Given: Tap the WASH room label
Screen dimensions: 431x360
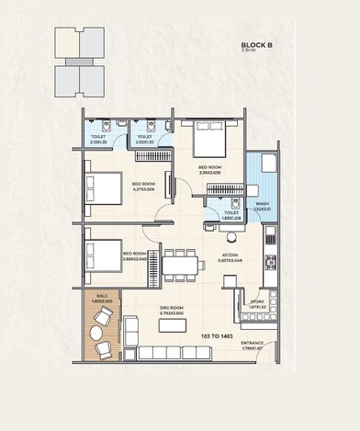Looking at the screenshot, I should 262,204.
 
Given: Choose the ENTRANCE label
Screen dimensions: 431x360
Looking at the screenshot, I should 252,343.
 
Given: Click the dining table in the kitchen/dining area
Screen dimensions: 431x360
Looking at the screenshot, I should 183,266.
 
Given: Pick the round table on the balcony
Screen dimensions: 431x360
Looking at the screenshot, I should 100,332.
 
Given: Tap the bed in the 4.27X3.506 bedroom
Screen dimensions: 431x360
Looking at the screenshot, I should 104,187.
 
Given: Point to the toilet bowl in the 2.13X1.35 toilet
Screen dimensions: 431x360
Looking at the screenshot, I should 107,126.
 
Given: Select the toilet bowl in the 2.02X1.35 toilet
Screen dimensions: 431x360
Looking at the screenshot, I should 150,126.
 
